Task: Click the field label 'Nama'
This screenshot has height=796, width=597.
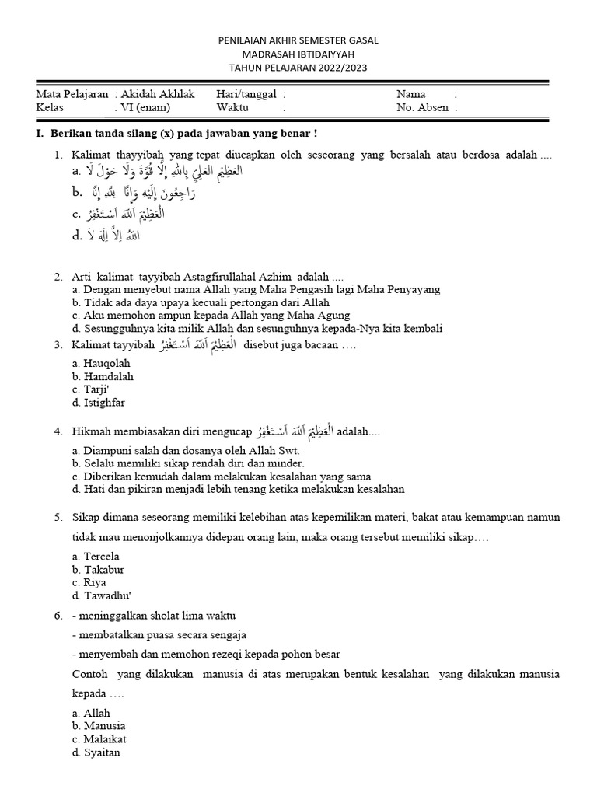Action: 411,94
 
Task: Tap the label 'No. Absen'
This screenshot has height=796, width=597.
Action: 422,108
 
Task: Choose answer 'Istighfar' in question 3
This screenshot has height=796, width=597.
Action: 103,403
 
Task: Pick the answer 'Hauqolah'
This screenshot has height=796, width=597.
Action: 106,363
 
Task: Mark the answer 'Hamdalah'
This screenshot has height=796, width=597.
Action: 108,376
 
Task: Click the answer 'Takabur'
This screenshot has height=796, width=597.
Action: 105,569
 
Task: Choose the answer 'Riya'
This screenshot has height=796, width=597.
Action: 95,582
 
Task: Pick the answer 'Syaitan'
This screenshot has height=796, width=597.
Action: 102,752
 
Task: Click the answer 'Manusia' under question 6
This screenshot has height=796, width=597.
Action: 104,726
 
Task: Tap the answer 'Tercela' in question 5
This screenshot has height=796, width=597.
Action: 102,556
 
